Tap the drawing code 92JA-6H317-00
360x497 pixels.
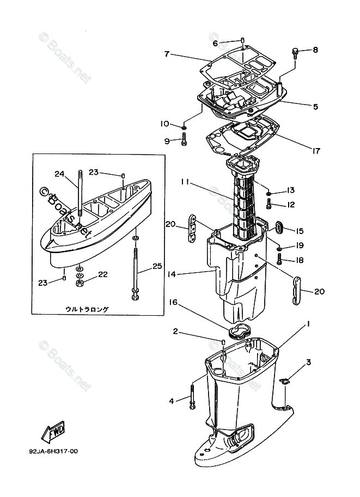click(53, 451)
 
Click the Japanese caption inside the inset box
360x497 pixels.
click(87, 309)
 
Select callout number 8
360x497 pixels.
click(315, 50)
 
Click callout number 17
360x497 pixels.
click(316, 151)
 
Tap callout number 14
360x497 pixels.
click(172, 274)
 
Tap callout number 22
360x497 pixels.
click(103, 274)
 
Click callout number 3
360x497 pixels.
click(308, 362)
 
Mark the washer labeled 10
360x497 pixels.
click(184, 127)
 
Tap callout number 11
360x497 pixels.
click(186, 182)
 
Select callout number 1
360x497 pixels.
click(308, 323)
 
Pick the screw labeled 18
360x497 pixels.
click(279, 260)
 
